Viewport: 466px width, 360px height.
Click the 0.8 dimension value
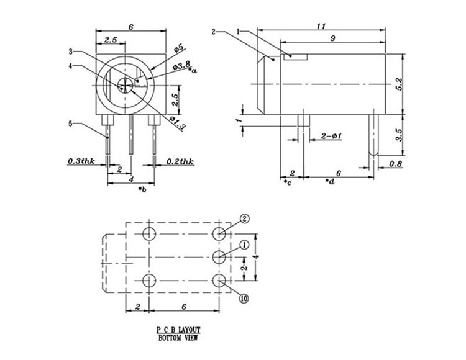(395, 164)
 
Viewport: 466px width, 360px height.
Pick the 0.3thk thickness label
(81, 162)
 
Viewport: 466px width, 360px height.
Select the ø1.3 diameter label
(176, 122)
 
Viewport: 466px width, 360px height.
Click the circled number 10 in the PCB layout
(244, 299)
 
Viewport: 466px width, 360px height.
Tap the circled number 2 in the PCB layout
(244, 218)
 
